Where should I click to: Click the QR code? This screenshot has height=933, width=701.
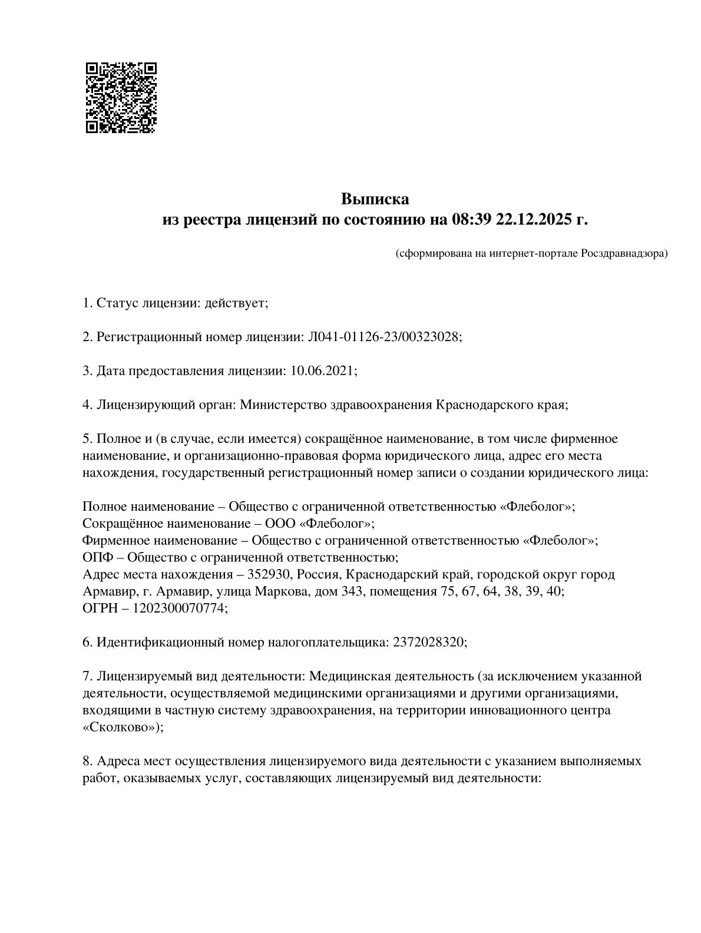(121, 97)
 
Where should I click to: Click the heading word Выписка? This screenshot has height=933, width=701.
(375, 199)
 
